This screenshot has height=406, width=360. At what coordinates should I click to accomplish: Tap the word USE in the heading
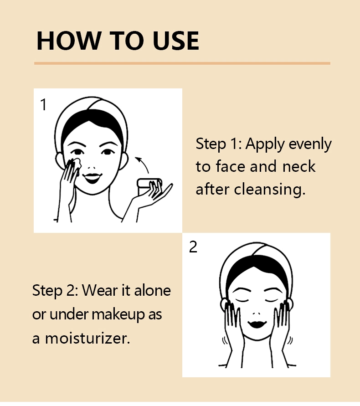(x=176, y=41)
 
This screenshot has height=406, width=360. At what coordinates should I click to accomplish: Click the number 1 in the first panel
(x=43, y=105)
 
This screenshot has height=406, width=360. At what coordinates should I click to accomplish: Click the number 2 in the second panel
(x=193, y=247)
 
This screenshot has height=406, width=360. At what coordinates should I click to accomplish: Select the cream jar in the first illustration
(x=149, y=187)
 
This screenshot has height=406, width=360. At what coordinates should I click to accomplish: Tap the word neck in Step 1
(x=299, y=166)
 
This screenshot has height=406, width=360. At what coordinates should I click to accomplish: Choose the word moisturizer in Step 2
(x=87, y=339)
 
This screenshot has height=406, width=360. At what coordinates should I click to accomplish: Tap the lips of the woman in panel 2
(x=257, y=324)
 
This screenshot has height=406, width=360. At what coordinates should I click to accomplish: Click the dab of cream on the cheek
(x=76, y=163)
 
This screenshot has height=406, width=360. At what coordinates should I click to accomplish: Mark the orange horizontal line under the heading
(x=182, y=63)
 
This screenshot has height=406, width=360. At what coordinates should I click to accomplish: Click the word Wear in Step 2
(x=100, y=290)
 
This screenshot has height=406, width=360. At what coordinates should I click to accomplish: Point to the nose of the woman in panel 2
(x=257, y=313)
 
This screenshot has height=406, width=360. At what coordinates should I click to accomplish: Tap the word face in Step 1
(x=231, y=166)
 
